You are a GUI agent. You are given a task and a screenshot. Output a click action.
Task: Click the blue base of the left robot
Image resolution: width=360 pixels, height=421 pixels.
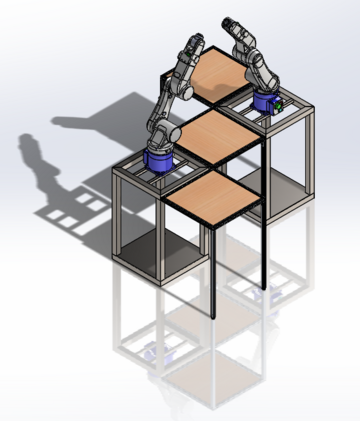(159, 160)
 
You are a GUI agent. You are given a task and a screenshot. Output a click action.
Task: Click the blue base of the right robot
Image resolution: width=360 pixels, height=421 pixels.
(266, 101)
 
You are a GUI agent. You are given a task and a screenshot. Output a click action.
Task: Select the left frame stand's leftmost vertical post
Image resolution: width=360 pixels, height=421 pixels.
(116, 215)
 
